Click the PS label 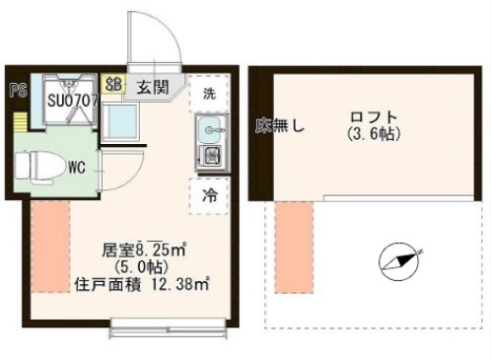(x=15, y=90)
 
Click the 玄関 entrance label (x=152, y=87)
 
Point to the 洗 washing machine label (x=209, y=95)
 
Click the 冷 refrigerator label (x=209, y=195)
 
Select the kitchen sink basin (x=209, y=128)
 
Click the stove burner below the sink (x=209, y=155)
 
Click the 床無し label (x=281, y=125)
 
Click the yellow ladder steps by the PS (x=20, y=123)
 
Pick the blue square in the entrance (x=123, y=122)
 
